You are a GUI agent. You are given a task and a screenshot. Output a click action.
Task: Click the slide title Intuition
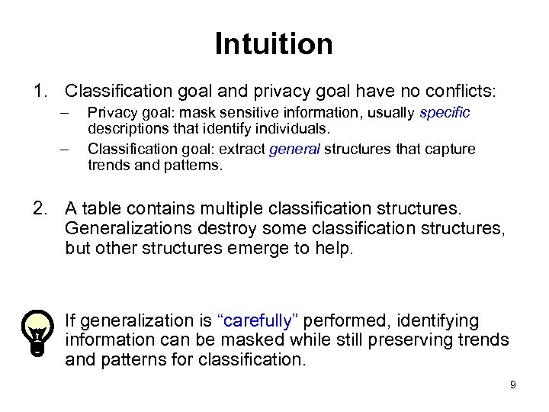[274, 43]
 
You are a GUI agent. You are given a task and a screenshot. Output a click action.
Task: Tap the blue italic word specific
[445, 112]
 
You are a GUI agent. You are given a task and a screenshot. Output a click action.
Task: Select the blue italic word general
[294, 149]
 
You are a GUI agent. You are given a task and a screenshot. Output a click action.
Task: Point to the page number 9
[513, 385]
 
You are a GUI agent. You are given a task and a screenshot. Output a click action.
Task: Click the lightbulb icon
[36, 332]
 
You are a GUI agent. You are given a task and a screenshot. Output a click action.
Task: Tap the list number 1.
[39, 92]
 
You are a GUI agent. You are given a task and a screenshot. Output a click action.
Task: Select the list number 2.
[39, 208]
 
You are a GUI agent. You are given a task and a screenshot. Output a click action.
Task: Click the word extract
[242, 149]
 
